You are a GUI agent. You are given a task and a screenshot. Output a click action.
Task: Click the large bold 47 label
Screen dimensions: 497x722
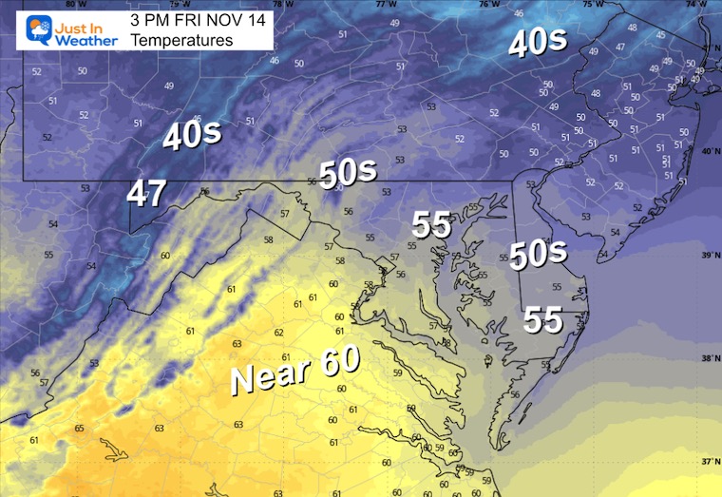(x=147, y=196)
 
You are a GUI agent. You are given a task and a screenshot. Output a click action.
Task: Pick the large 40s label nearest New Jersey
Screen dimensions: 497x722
(x=538, y=43)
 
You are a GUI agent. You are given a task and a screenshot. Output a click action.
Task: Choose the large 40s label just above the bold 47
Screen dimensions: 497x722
(x=192, y=136)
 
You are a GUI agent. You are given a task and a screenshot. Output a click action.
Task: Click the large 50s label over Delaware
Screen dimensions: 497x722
(x=538, y=253)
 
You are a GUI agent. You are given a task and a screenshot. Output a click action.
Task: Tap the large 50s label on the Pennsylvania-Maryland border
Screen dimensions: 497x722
(x=348, y=173)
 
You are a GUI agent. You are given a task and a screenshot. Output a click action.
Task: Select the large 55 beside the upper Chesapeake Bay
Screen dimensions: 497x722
(x=431, y=225)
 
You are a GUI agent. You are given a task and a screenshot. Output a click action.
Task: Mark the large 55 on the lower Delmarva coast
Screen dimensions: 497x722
(x=543, y=320)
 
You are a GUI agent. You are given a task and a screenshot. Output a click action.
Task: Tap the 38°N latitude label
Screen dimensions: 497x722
(x=707, y=358)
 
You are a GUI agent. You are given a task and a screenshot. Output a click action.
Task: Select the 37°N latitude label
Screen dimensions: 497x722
(x=707, y=461)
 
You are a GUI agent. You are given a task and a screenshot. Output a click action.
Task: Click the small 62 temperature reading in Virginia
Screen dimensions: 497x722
(x=278, y=333)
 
